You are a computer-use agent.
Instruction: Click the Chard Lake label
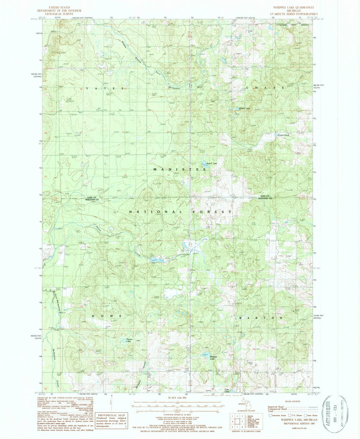tap(245, 108)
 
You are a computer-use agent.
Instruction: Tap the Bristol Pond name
tap(283, 135)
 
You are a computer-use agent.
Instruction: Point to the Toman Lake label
tap(130, 339)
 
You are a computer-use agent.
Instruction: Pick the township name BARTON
tap(261, 318)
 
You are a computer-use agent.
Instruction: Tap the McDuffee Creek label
tap(55, 367)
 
